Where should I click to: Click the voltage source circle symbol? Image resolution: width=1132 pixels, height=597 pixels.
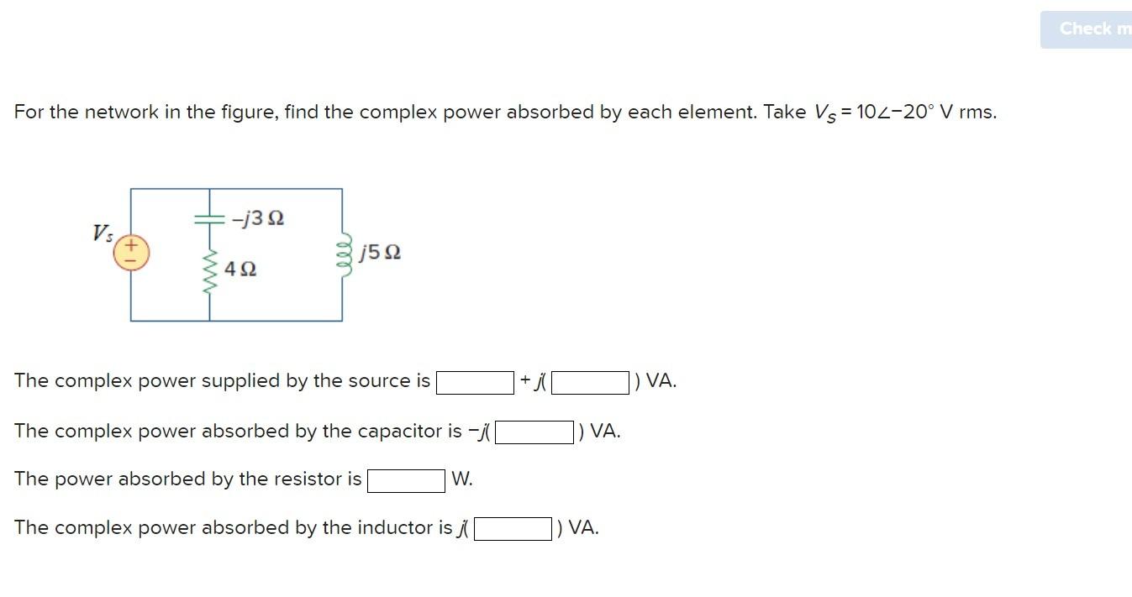[x=131, y=252]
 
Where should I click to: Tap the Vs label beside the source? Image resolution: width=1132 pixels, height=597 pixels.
[x=103, y=233]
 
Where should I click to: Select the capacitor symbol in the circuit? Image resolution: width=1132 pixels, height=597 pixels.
[x=208, y=218]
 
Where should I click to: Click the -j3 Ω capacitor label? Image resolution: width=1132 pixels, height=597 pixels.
[x=259, y=219]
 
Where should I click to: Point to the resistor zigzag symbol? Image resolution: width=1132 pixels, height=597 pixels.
[x=209, y=269]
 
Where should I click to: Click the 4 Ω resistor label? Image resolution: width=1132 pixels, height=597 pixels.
[x=242, y=270]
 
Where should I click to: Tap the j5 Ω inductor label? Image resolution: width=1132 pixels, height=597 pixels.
[x=380, y=252]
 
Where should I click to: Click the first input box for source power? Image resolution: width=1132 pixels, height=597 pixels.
[x=475, y=383]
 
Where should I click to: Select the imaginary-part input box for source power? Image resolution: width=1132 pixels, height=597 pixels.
[x=591, y=383]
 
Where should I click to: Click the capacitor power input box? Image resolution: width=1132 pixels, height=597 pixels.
[x=534, y=432]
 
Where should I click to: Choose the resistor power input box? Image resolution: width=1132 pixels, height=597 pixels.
[x=406, y=480]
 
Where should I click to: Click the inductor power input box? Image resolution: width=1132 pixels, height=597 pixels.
[x=513, y=529]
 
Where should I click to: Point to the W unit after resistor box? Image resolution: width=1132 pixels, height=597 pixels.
[x=461, y=479]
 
